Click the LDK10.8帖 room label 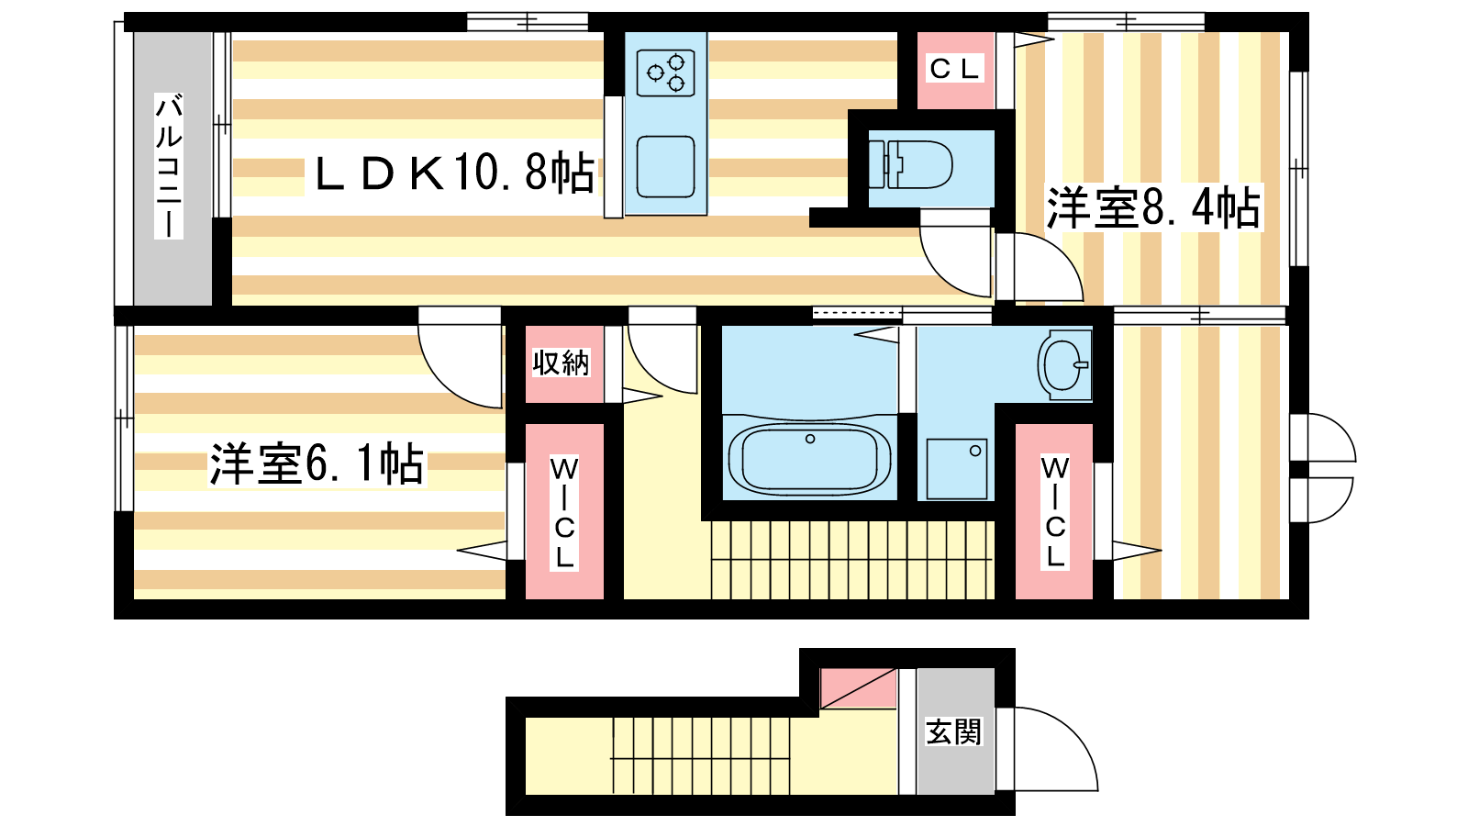click(x=454, y=173)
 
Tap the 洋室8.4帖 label click(x=1152, y=207)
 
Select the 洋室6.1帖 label click(x=317, y=464)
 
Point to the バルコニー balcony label click(x=169, y=166)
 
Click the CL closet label click(x=955, y=69)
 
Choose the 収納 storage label click(x=561, y=363)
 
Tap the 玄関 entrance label click(x=953, y=731)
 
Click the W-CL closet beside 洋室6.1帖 click(x=564, y=512)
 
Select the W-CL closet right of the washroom click(x=1054, y=512)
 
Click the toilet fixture click(x=911, y=164)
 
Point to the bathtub click(x=810, y=460)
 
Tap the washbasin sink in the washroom click(x=1064, y=364)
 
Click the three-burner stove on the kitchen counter click(x=666, y=73)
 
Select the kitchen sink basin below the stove click(x=666, y=166)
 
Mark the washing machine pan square click(x=957, y=469)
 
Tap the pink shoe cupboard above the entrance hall click(x=858, y=688)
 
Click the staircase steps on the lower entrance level click(x=701, y=756)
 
